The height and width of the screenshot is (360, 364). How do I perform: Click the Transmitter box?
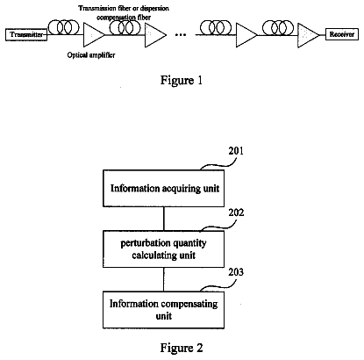tap(26, 35)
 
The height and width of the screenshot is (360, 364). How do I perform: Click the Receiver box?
tap(342, 34)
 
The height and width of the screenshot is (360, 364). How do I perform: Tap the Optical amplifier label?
tap(91, 55)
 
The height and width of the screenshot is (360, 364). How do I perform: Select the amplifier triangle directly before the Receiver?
tap(308, 35)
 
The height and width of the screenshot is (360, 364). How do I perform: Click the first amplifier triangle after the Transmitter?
tap(94, 35)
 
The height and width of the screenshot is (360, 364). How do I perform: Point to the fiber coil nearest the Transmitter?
tap(64, 27)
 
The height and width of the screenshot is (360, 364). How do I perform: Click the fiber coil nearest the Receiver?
tap(278, 27)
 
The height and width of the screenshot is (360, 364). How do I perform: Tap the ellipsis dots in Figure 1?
tap(181, 35)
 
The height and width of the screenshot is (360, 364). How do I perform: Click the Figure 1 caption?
tap(182, 80)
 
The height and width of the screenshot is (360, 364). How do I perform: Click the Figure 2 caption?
tap(182, 348)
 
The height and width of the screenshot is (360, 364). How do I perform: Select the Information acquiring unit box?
tap(164, 188)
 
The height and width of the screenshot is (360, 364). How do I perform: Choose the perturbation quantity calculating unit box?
tap(164, 248)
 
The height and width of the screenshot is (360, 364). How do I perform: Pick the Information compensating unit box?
tap(164, 310)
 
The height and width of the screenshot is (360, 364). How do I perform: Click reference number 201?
tap(236, 151)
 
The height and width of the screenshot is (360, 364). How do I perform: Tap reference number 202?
tap(236, 212)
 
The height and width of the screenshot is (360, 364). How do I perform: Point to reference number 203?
tap(236, 272)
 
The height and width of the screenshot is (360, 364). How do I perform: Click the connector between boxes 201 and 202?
tap(164, 219)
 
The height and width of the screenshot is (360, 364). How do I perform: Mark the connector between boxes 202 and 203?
tap(164, 279)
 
